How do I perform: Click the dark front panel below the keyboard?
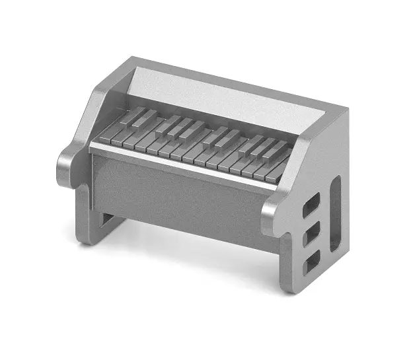(x=178, y=198)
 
